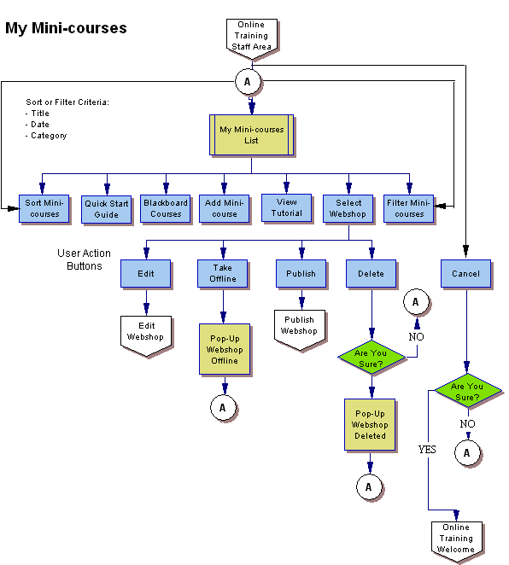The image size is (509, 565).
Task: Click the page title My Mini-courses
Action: (x=66, y=28)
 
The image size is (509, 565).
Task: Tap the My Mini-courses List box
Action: (x=251, y=135)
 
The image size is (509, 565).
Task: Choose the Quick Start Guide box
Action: (x=107, y=209)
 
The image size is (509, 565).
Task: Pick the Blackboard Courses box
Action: (x=166, y=208)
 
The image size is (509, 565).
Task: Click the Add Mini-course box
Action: (x=225, y=208)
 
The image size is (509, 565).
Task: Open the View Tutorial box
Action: (x=286, y=207)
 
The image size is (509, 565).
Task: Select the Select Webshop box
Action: (x=348, y=208)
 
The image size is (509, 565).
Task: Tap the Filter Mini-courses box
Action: (x=409, y=208)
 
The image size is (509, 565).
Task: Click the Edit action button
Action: (x=145, y=274)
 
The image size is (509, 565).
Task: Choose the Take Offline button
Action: (x=223, y=273)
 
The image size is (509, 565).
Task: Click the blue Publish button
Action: (x=301, y=274)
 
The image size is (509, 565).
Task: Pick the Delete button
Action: (x=371, y=274)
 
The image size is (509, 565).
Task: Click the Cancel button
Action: (x=466, y=274)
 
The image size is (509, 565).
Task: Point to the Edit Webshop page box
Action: (x=145, y=330)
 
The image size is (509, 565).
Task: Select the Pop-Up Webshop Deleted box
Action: (x=370, y=424)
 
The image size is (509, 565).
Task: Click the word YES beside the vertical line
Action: (x=427, y=449)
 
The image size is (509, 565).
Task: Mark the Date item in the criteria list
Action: (x=39, y=125)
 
